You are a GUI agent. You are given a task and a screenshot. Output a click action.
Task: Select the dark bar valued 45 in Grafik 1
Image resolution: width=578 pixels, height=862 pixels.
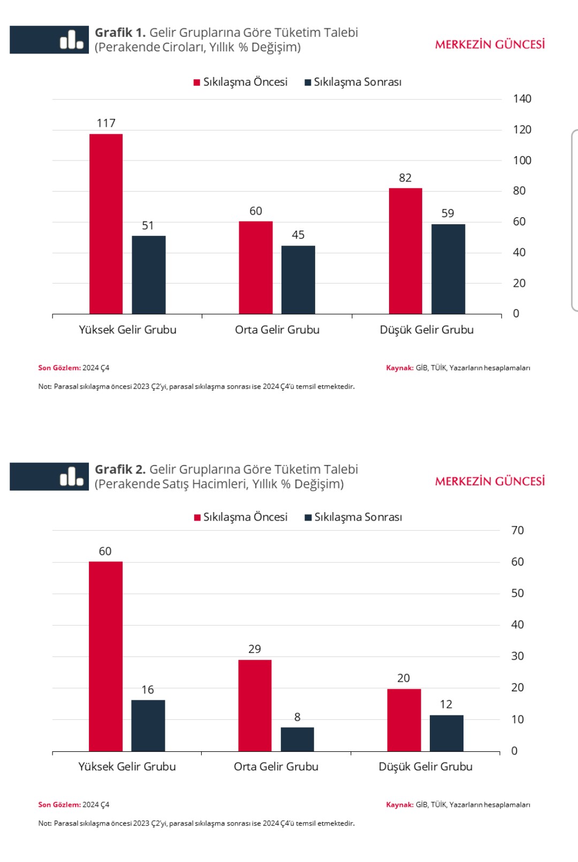298,280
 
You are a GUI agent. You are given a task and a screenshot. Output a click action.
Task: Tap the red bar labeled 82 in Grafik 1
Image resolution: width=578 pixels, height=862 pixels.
405,251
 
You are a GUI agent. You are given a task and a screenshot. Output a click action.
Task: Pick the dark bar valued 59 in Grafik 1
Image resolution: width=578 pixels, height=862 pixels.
448,269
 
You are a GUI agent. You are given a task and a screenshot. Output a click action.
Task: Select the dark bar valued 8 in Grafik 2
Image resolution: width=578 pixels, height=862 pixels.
297,739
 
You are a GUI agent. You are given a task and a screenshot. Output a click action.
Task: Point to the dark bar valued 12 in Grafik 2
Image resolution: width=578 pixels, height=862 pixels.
446,733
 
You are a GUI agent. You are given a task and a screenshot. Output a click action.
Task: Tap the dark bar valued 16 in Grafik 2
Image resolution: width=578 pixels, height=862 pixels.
148,726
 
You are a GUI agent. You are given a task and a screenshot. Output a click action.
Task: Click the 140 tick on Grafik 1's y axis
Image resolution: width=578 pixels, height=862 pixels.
522,99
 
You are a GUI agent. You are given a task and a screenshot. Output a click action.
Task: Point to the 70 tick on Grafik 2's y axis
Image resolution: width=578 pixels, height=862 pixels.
517,530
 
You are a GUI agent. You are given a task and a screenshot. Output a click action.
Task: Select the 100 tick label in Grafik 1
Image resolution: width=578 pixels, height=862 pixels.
522,161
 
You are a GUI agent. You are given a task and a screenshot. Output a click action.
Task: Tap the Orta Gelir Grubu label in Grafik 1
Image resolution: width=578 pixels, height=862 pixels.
277,330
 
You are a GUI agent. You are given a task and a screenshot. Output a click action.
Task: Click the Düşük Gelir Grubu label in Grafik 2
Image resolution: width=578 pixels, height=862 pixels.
425,767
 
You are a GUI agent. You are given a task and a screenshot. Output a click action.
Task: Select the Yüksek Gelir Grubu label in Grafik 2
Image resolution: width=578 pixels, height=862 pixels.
127,767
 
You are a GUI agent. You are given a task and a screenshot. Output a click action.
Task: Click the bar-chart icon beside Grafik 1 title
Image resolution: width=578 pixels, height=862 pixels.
72,40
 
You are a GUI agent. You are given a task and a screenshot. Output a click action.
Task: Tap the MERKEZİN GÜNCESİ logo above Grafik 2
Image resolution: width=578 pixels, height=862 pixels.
490,482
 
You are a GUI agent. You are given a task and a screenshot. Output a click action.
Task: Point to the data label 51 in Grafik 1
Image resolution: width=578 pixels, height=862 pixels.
148,226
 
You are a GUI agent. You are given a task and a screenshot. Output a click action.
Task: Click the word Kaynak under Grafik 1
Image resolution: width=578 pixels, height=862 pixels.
399,368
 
